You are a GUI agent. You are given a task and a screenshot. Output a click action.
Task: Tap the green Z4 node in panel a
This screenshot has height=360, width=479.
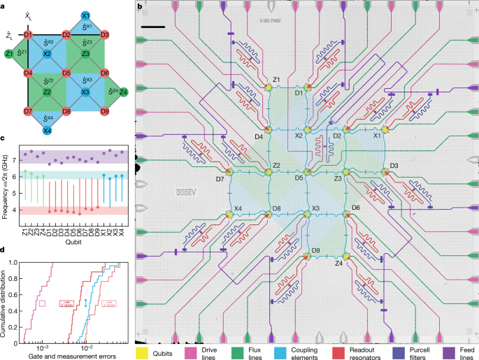click(124, 92)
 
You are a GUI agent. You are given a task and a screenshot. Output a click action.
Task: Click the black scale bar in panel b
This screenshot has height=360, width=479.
click(157, 27)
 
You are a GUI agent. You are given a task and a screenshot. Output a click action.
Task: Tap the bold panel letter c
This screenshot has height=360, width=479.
click(3, 139)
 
